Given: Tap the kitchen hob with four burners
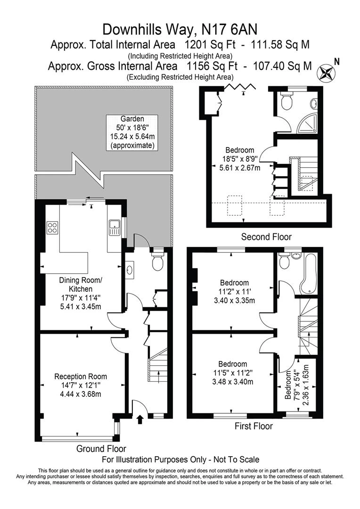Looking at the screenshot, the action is tap(52, 227).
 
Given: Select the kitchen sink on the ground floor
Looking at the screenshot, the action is tap(114, 227).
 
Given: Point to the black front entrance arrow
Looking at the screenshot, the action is tap(140, 419).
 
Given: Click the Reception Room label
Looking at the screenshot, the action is tap(81, 377).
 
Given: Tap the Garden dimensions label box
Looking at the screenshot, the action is tap(132, 132).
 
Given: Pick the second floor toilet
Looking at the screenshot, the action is tap(287, 101).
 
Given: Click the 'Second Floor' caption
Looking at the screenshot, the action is tap(266, 237).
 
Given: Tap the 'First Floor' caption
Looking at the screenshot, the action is tap(254, 426).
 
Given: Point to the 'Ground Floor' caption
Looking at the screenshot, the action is tap(101, 449).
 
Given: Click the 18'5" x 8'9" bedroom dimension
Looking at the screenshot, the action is tap(240, 159).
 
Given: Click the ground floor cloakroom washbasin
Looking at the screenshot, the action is tap(130, 270).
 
